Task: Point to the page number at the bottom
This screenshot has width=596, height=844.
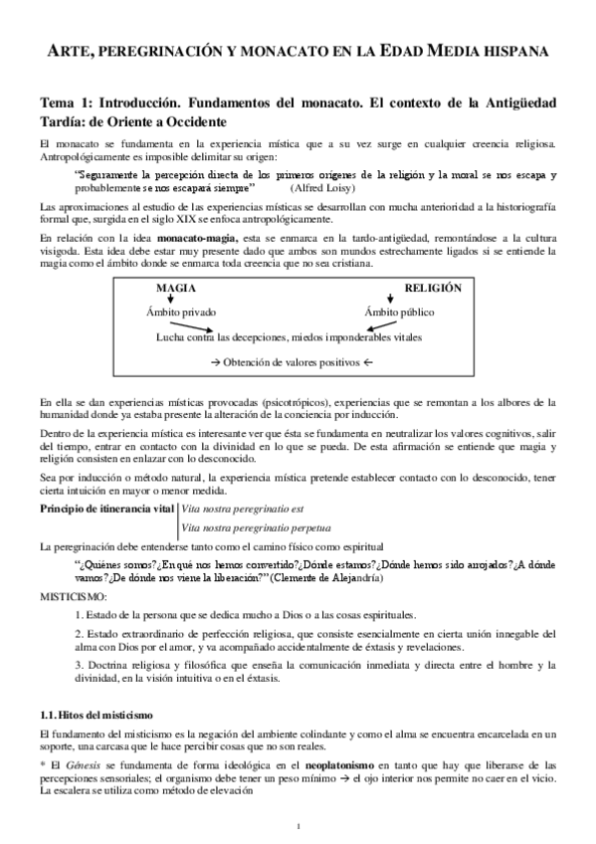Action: click(298, 826)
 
